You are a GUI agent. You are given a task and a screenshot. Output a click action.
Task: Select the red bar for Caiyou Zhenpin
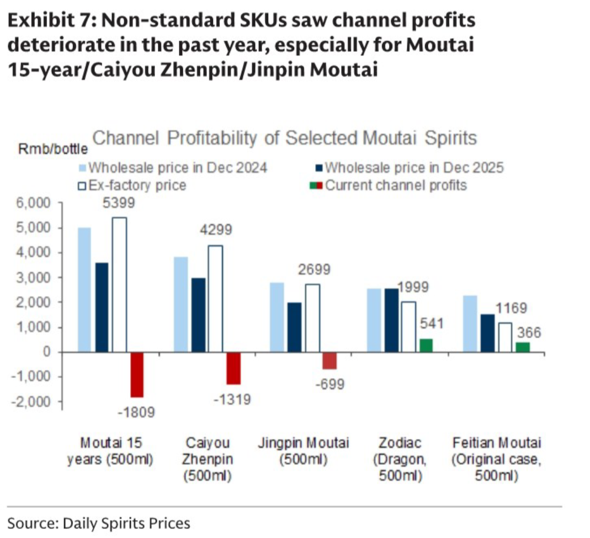coord(233,368)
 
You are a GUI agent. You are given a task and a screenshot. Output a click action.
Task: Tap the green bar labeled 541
coord(426,345)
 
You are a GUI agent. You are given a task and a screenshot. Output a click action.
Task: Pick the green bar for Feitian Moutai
coord(522,347)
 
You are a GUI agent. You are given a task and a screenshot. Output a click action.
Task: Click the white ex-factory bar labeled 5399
coord(119,285)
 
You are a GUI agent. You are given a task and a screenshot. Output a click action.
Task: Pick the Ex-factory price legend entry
coord(132,185)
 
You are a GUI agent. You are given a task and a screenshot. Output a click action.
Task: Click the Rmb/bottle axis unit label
coord(53,150)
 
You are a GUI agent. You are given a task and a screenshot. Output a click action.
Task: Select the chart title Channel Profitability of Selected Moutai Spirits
coord(284,138)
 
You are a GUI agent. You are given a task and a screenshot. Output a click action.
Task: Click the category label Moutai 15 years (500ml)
coord(110,451)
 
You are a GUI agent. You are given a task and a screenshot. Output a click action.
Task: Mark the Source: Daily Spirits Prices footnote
coord(99,523)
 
